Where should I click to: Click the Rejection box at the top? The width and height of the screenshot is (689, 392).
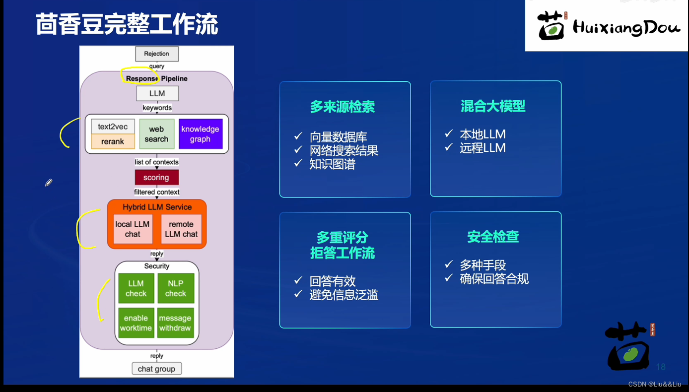[x=156, y=54]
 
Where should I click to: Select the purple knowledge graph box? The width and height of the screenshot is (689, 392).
[x=200, y=134]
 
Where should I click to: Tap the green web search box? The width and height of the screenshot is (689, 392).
[x=156, y=134]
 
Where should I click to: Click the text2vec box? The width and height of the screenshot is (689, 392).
[x=113, y=127]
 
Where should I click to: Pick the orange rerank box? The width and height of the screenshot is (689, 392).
[x=113, y=141]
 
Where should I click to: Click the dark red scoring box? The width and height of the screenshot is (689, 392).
[x=156, y=178]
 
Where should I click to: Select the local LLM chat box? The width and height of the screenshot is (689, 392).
[x=133, y=229]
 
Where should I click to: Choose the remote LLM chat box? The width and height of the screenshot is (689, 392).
[x=181, y=229]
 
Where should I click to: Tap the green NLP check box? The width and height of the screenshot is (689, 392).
[x=176, y=288]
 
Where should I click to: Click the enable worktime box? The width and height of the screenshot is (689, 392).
[x=136, y=323]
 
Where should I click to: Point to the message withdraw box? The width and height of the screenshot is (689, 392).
[x=176, y=323]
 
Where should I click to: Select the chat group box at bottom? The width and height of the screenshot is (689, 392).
[x=156, y=369]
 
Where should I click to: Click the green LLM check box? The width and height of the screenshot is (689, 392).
[x=136, y=288]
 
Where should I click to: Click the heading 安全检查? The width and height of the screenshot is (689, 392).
[x=493, y=237]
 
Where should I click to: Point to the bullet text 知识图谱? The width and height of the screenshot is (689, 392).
[x=332, y=164]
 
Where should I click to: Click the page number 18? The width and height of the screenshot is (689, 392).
[x=661, y=367]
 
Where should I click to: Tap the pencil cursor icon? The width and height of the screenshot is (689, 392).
[x=49, y=183]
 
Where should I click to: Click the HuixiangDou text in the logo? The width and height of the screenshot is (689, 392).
[x=626, y=28]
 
